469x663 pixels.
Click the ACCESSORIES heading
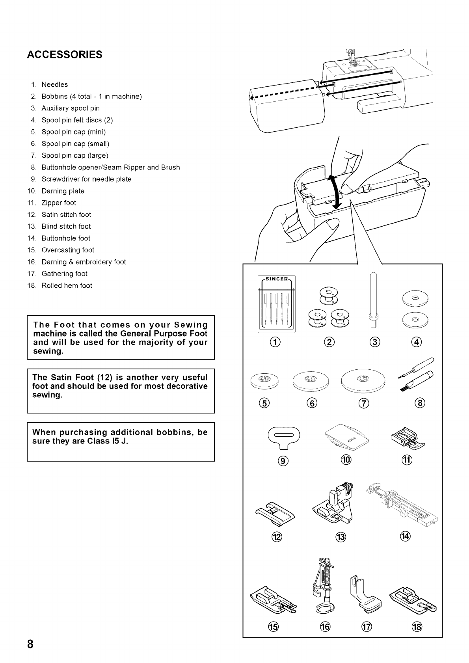[65, 54]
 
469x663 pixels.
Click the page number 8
[30, 644]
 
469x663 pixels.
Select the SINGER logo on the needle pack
[277, 279]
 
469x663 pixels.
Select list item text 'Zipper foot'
[59, 203]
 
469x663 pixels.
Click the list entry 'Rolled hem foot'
[67, 285]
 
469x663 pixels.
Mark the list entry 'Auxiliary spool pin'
[71, 108]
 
